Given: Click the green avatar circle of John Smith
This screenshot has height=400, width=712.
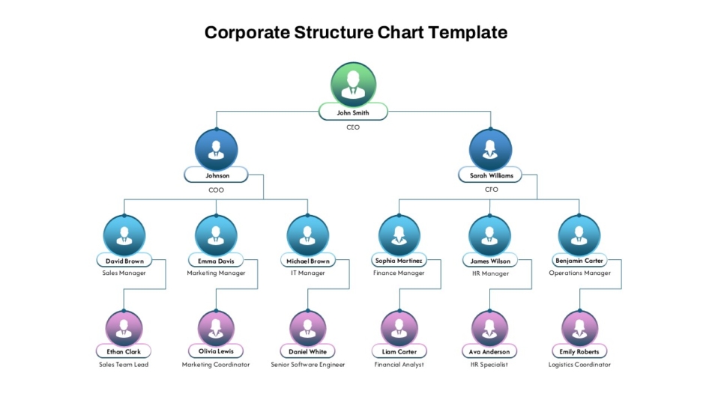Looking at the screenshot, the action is click(353, 85).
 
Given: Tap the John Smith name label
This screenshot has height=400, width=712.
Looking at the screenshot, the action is click(353, 112).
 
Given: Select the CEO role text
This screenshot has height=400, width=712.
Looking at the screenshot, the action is click(353, 127).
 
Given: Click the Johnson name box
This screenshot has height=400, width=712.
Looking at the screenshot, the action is click(216, 175).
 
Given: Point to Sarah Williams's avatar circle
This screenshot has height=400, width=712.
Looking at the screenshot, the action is click(490, 151).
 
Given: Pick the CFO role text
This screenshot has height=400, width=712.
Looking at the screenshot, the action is click(492, 190).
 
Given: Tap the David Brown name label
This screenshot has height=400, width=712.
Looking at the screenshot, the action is click(124, 261).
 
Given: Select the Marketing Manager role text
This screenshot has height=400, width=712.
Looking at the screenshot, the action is click(216, 273).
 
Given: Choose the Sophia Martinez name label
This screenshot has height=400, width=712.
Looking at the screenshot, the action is click(399, 260).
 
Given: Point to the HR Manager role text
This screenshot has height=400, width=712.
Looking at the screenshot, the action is click(490, 273).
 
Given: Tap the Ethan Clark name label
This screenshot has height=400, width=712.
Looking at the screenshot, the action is click(124, 351).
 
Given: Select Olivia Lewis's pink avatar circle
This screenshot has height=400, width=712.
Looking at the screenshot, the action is click(216, 328).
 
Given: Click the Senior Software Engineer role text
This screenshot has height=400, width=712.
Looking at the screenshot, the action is click(308, 365).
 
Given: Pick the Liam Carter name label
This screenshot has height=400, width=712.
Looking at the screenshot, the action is click(399, 351).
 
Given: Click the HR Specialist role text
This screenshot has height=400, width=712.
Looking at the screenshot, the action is click(489, 365).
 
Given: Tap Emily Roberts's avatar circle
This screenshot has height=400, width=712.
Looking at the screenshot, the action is click(579, 328).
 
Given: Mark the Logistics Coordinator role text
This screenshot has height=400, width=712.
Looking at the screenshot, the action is click(579, 365).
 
